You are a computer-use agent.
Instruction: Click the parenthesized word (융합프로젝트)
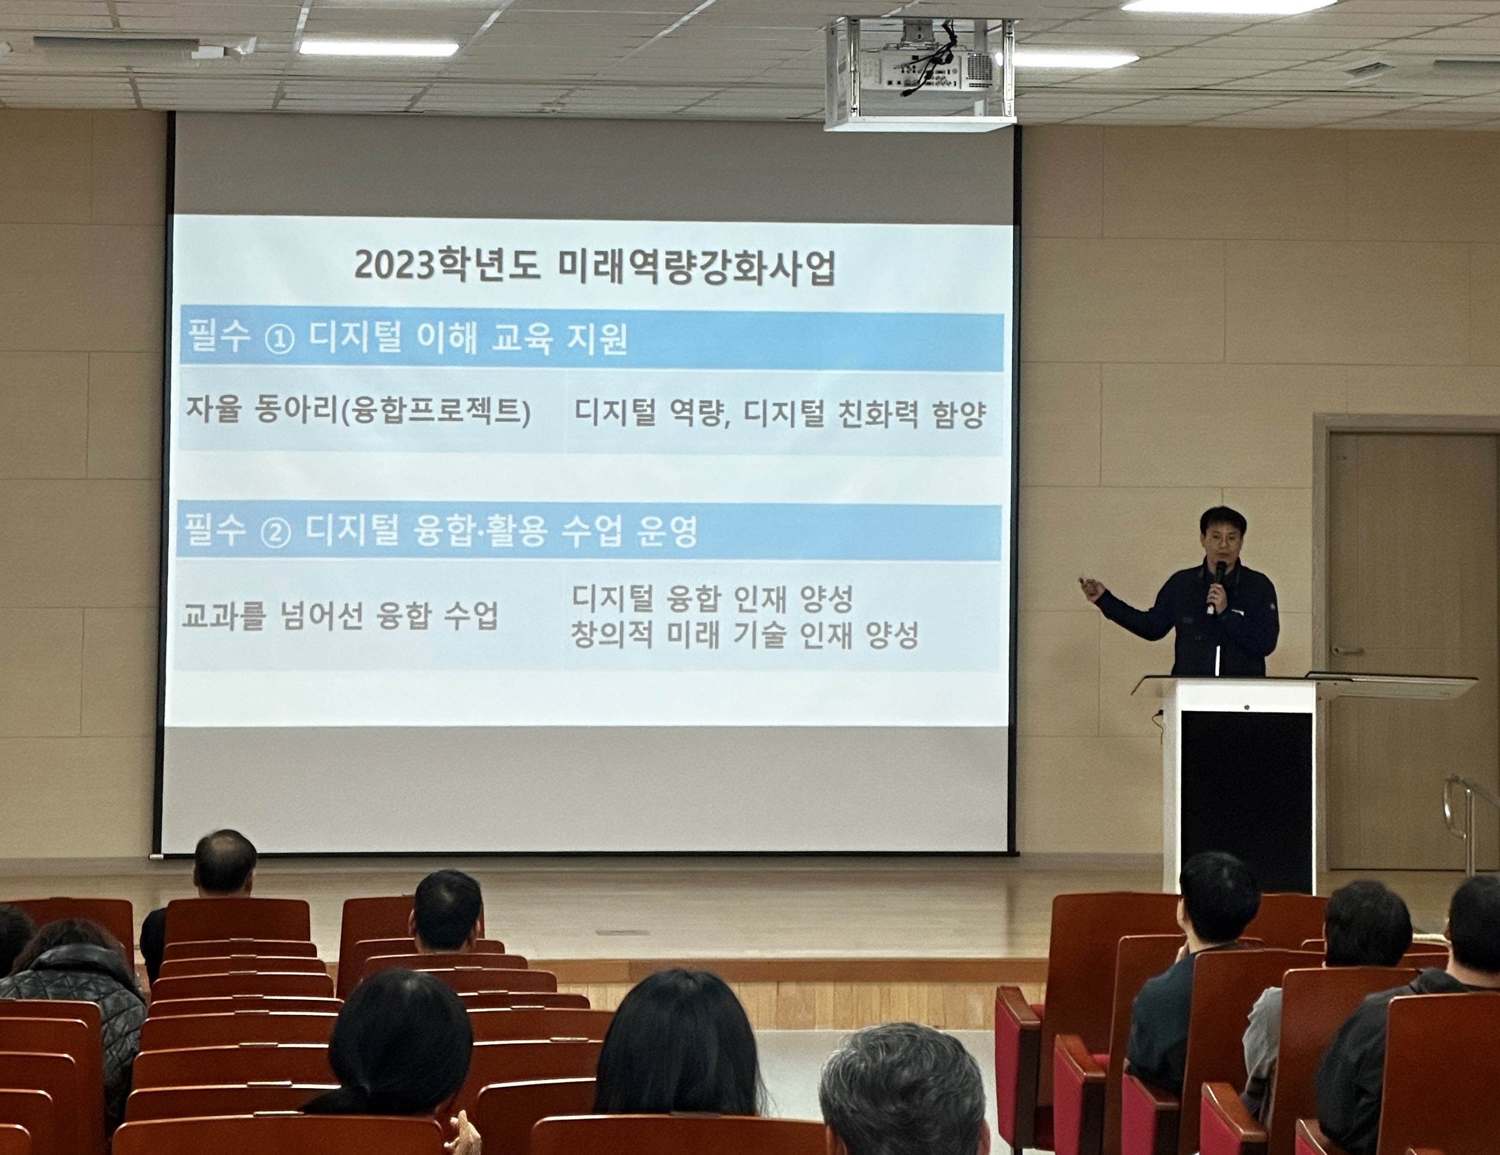436,412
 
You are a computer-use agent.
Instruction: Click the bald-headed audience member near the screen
224,861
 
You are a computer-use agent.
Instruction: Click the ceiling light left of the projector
378,48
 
